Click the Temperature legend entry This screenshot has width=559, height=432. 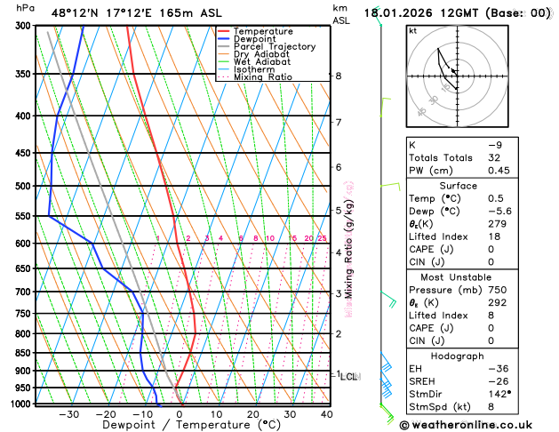[263, 32]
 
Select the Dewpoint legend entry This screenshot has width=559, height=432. [255, 39]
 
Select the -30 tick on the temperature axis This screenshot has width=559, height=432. [69, 414]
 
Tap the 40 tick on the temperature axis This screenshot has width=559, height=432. [327, 414]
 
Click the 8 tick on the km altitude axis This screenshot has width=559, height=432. [339, 76]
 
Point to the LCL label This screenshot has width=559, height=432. [349, 377]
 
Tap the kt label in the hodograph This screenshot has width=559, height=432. [412, 30]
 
